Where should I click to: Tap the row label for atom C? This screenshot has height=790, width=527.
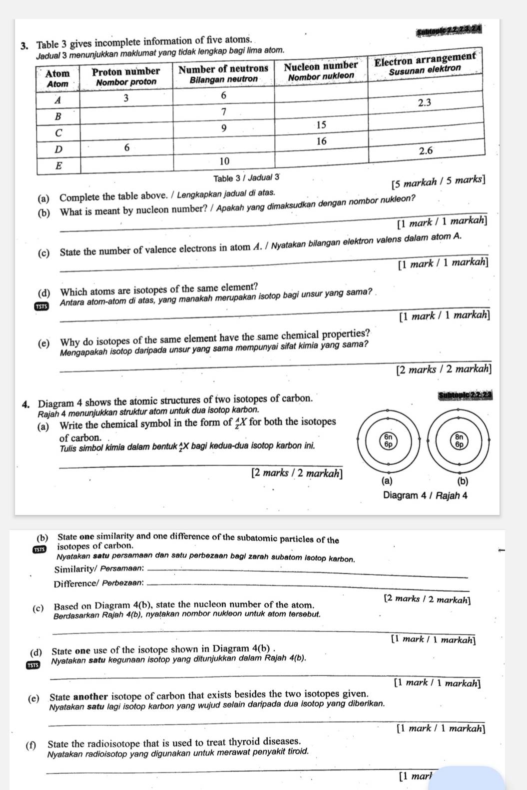point(58,133)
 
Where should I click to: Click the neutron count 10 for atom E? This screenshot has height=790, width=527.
point(224,161)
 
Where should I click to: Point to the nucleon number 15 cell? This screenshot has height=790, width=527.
point(321,124)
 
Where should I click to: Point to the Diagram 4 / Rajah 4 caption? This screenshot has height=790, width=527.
point(425,495)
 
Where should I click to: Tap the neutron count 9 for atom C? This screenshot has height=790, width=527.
point(224,128)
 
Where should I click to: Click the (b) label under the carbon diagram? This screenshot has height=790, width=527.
point(462,482)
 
